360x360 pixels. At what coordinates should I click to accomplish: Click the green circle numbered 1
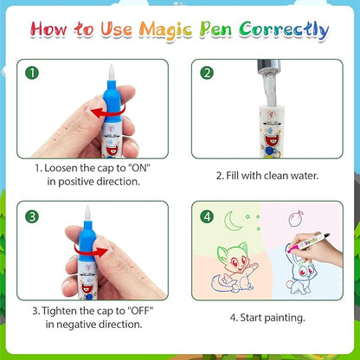[x=32, y=73]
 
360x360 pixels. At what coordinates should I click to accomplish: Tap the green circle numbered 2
[x=208, y=73]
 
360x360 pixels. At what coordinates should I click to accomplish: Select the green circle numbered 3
[x=32, y=215]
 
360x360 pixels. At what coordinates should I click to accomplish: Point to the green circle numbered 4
[x=206, y=216]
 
